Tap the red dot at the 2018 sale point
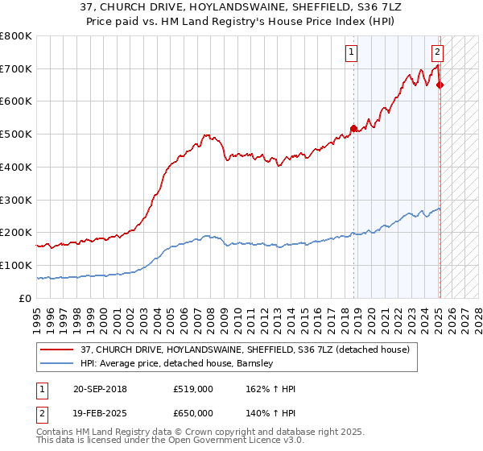[353, 127]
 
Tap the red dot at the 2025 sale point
[440, 85]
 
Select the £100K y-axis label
[18, 265]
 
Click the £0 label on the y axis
[26, 298]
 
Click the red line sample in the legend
[56, 350]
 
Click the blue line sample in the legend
[56, 363]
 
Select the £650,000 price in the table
[193, 413]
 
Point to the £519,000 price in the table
[193, 389]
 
